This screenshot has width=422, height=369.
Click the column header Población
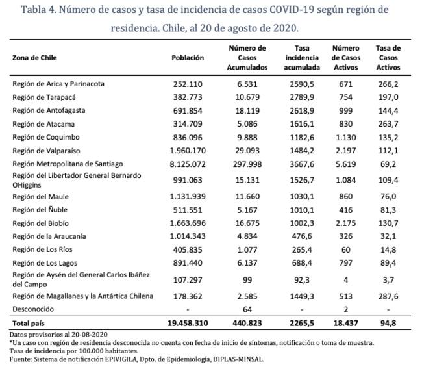point(188,58)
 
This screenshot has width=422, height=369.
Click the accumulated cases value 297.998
point(247,163)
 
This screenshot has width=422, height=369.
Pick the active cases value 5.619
point(345,163)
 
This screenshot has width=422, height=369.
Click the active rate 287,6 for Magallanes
point(388,296)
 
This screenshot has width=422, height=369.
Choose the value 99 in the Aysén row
point(247,279)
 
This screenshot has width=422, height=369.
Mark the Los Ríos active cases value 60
point(345,249)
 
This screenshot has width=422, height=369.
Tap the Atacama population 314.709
point(187,123)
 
